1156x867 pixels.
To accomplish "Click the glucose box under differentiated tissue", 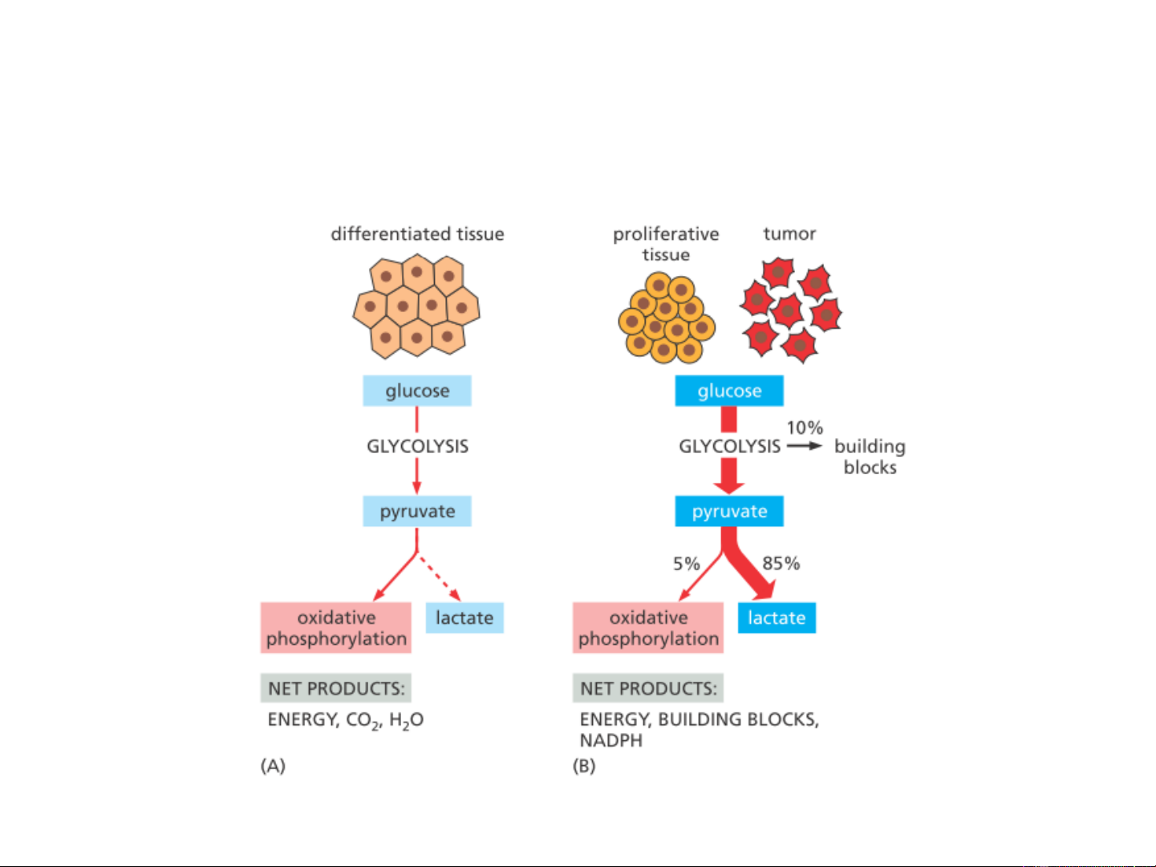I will tap(416, 391).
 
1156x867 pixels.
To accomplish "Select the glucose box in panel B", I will tap(728, 391).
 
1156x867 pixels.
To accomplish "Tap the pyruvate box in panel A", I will tap(416, 511).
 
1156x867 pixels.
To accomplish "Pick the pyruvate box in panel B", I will tap(728, 511).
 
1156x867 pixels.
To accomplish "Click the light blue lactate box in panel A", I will tap(464, 618).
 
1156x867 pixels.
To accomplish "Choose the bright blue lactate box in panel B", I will tap(776, 618).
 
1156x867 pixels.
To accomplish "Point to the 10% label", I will tap(804, 427).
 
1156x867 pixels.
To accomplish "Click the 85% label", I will tap(781, 563).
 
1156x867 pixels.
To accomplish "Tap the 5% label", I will tap(686, 564).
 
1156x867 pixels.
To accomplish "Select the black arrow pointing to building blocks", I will tap(804, 446).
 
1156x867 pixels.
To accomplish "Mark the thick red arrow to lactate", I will tap(749, 571).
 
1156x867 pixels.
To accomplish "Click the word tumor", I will tap(789, 233).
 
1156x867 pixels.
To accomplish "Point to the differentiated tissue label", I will tap(417, 234).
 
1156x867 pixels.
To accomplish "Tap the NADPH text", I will tap(610, 740).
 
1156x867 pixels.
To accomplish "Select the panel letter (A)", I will tap(273, 766).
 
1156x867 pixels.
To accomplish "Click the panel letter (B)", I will tap(584, 766).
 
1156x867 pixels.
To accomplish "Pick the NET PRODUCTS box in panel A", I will tap(335, 688).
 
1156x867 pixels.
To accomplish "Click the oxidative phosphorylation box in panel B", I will tap(647, 628).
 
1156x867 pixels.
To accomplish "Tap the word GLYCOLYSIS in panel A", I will tap(417, 447).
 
